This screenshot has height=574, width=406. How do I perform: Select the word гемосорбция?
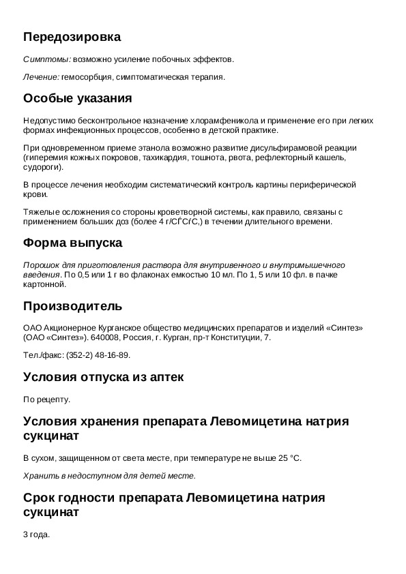[x=85, y=77]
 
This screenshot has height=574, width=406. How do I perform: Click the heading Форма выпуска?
[x=73, y=243]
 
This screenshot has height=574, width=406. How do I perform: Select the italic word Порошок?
[x=40, y=265]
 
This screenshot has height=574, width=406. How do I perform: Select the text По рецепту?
[x=46, y=399]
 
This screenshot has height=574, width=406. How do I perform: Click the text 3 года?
[x=36, y=535]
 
